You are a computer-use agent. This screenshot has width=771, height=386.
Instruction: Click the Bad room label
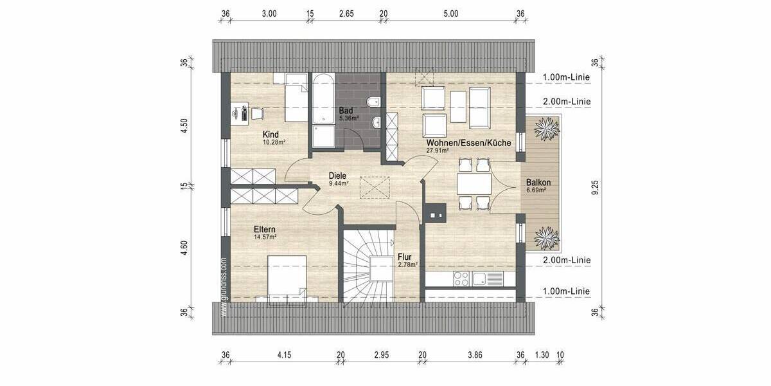(x=346, y=111)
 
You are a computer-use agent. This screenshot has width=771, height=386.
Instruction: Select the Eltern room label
(x=264, y=230)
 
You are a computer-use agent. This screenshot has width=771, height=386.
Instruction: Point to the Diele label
(x=337, y=175)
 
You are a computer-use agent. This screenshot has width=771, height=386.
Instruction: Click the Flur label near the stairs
(x=405, y=257)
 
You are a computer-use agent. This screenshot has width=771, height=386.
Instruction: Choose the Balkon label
(x=538, y=182)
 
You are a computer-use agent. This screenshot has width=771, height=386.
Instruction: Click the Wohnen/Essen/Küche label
(x=467, y=143)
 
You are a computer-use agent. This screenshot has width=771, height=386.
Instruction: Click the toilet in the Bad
(x=373, y=102)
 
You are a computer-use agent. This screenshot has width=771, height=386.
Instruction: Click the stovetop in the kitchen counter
(x=461, y=279)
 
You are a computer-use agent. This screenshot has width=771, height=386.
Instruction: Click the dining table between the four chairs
(x=474, y=185)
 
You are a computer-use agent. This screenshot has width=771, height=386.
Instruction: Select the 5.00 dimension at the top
(x=450, y=14)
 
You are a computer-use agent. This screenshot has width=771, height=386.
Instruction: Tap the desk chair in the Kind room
(x=257, y=114)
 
